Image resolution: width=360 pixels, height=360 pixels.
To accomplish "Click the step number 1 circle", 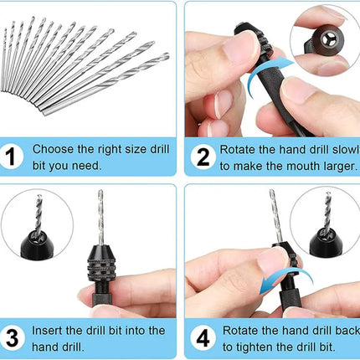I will [x=13, y=157].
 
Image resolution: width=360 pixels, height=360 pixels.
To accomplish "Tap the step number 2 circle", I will [x=202, y=157].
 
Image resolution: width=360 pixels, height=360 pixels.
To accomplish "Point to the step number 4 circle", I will [x=202, y=339].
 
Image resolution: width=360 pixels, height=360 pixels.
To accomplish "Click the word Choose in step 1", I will [x=53, y=150].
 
